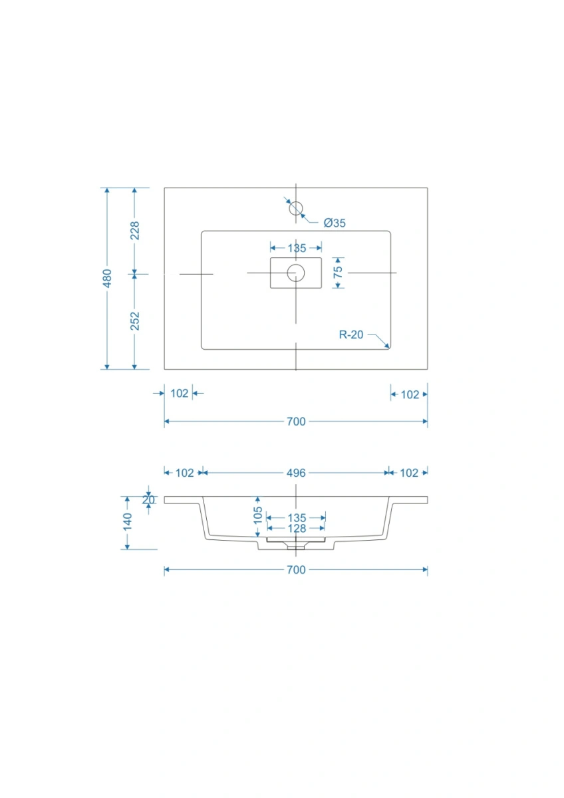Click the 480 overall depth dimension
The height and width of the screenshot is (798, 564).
(107, 278)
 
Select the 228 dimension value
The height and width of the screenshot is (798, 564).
(134, 230)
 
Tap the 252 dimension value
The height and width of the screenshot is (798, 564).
(134, 321)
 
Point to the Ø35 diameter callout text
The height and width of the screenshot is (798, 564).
(334, 223)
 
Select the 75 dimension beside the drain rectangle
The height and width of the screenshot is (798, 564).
(338, 273)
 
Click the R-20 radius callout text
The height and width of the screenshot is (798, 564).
(351, 334)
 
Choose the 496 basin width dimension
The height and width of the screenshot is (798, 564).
(296, 473)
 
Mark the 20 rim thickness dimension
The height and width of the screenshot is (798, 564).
(148, 500)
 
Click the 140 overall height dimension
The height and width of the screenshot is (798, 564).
(127, 522)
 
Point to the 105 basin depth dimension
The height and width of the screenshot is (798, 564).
(257, 515)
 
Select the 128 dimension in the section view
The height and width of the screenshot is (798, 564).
(297, 528)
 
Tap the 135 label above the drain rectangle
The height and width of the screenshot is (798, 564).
(297, 248)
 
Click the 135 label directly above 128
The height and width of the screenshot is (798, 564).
(297, 518)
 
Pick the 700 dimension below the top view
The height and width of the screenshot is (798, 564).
(296, 422)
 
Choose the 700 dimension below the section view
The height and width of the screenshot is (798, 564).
(296, 570)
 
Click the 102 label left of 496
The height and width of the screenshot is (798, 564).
(184, 473)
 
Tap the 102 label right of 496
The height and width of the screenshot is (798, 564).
(409, 473)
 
